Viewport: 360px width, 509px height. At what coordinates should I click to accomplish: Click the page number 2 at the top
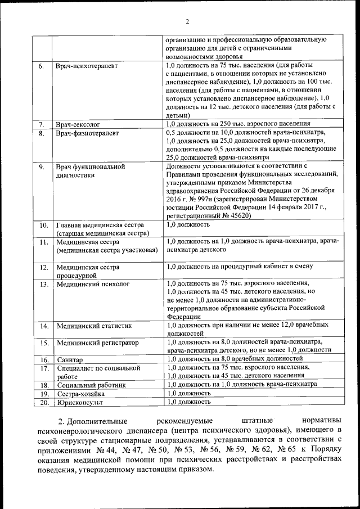187,22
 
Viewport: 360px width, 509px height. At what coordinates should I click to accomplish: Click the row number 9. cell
41,166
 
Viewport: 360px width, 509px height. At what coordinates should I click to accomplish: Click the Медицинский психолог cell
93,284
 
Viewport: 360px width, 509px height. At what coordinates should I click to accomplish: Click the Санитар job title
70,359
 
